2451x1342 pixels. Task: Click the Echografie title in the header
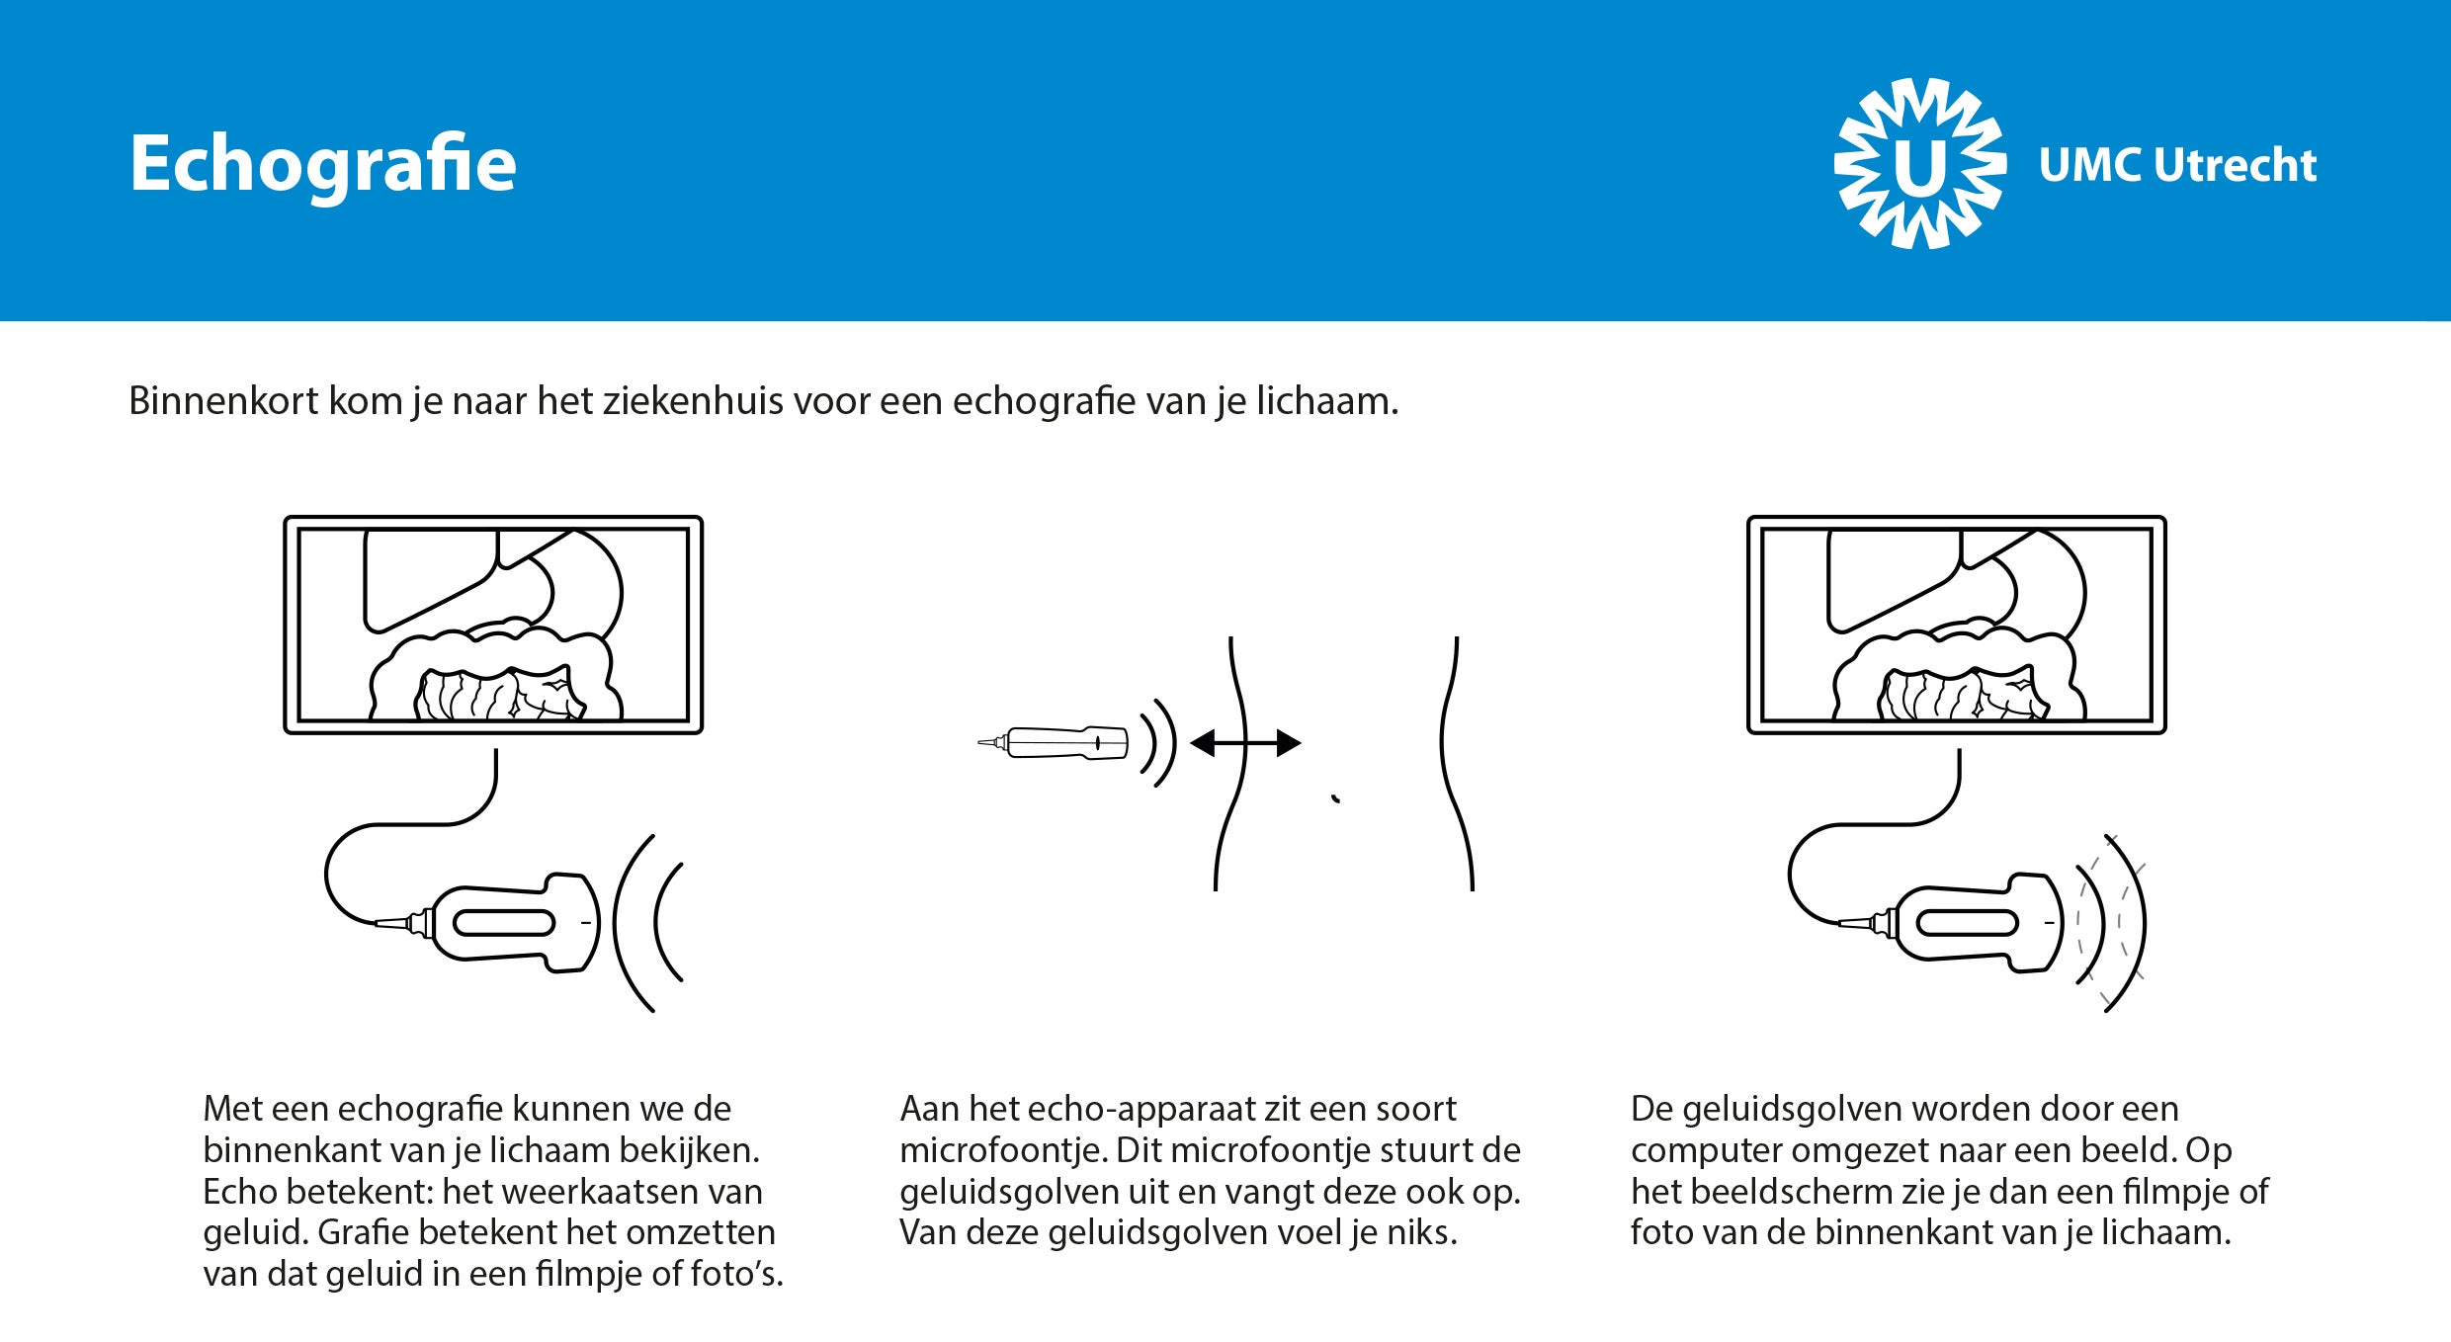pos(322,164)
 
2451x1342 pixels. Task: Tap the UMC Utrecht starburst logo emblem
pos(1919,164)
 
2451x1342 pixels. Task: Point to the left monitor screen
pos(493,625)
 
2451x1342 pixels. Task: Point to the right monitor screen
pos(1956,625)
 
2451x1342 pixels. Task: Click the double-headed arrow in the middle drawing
pos(1245,743)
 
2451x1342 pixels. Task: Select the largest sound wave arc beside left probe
pos(623,923)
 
